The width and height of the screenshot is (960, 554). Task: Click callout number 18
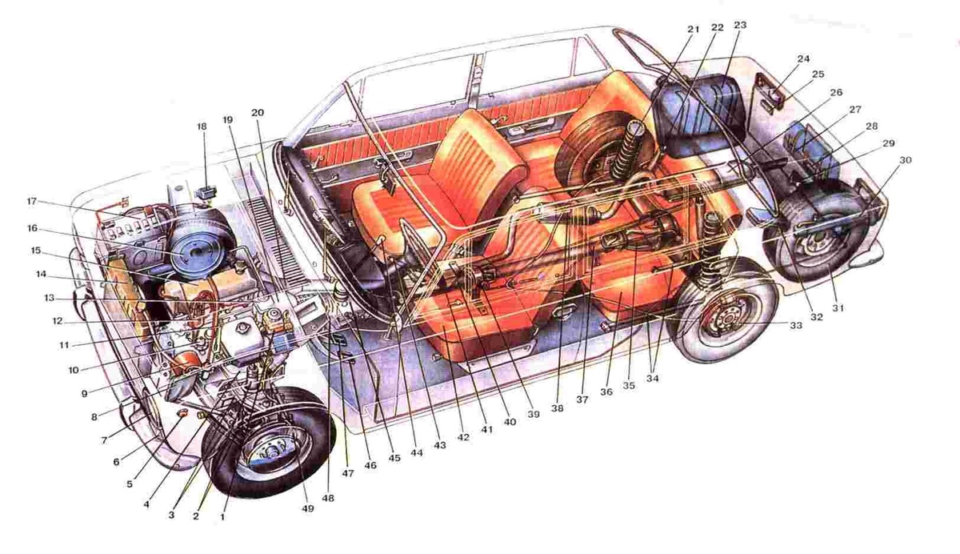(202, 126)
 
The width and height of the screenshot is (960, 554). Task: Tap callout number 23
(740, 26)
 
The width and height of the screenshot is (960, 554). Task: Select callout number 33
(796, 326)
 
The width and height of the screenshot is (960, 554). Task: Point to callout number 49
(308, 508)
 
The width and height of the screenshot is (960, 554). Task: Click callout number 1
(222, 517)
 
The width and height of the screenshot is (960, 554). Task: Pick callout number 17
(32, 201)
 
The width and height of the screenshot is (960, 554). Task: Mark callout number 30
(905, 160)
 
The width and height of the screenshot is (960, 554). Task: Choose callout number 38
(557, 408)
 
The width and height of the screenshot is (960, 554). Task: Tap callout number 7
(104, 440)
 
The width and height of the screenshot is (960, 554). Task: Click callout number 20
(258, 113)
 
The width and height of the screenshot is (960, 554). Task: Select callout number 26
(836, 92)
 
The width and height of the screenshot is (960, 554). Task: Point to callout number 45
(394, 458)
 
